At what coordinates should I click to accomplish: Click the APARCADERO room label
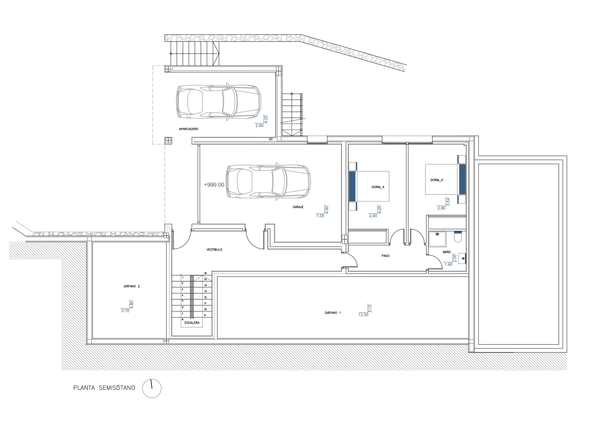188,129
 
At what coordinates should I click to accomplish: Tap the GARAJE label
298,207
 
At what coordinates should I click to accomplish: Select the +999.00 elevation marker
214,185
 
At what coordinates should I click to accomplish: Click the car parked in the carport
219,102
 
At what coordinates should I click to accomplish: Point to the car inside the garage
268,181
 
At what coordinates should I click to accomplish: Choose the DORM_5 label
437,180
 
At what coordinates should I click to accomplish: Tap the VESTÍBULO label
214,250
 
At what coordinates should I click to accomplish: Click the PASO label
385,256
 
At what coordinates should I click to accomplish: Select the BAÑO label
447,252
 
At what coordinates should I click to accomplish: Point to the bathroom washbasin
462,258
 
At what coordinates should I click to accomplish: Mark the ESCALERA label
192,323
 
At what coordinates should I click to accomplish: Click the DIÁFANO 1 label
332,313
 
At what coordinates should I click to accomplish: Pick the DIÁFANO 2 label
132,286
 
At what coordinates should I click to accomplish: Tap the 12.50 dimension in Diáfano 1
363,315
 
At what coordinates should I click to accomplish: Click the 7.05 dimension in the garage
320,216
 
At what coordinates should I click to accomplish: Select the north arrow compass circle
152,388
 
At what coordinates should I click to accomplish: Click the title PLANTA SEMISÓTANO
104,388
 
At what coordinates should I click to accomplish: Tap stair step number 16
205,273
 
